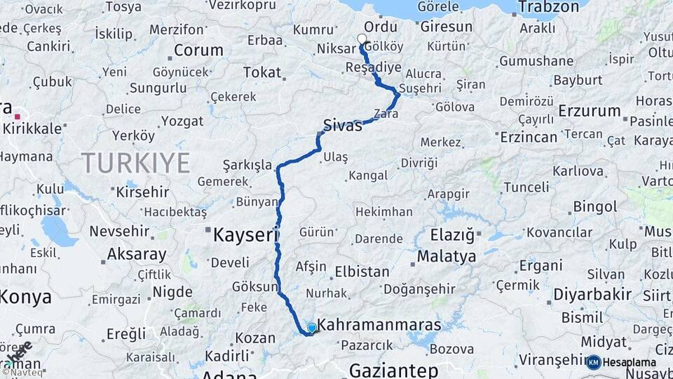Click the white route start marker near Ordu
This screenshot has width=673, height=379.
point(362,39)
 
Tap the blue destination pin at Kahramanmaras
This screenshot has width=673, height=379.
point(312,328)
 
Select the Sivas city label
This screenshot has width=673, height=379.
point(342,126)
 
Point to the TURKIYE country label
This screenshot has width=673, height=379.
point(136,164)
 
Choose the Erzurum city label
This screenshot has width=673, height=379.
point(590,111)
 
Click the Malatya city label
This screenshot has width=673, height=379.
point(447,257)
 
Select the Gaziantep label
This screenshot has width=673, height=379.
point(393,370)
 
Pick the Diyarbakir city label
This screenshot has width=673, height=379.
point(592,294)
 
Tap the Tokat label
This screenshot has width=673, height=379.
point(262,72)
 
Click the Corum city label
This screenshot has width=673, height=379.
point(198,51)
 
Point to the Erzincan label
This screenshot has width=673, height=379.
point(529,136)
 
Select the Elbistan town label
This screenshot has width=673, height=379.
point(362,272)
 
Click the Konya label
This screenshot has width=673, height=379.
point(25,297)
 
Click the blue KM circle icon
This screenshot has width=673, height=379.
point(594,362)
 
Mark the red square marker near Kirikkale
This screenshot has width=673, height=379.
point(17,117)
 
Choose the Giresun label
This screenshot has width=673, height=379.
point(447,27)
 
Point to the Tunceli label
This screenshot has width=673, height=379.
point(526,187)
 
